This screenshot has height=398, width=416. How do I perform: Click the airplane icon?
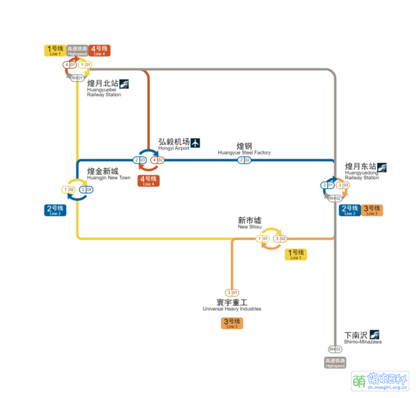coord(195,143)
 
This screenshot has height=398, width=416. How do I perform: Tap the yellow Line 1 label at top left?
coord(54,50)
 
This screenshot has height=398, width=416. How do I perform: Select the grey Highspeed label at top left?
coord(77,50)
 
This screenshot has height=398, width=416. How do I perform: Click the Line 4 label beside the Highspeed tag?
coord(100,50)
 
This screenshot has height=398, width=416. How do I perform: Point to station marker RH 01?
coord(77,78)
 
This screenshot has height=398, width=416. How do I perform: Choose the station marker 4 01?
coord(69,65)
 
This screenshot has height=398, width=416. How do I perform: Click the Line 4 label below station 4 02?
coord(148,180)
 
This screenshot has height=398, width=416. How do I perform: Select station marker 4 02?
coord(157,160)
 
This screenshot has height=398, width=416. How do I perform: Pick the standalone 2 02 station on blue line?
coord(244,160)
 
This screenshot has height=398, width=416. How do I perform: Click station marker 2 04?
coord(86,190)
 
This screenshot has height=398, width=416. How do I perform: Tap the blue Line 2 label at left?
coord(55,210)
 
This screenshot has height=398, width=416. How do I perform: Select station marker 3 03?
coord(343,185)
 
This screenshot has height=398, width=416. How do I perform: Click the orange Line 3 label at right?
coord(372,210)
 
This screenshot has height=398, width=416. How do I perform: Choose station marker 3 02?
coord(280,238)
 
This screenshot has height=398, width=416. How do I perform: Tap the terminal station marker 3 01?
coord(232,293)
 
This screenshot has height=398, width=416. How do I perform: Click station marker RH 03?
coord(334,349)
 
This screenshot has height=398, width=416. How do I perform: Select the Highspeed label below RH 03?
coord(334,362)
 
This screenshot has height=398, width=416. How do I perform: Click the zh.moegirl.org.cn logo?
coord(380,381)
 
